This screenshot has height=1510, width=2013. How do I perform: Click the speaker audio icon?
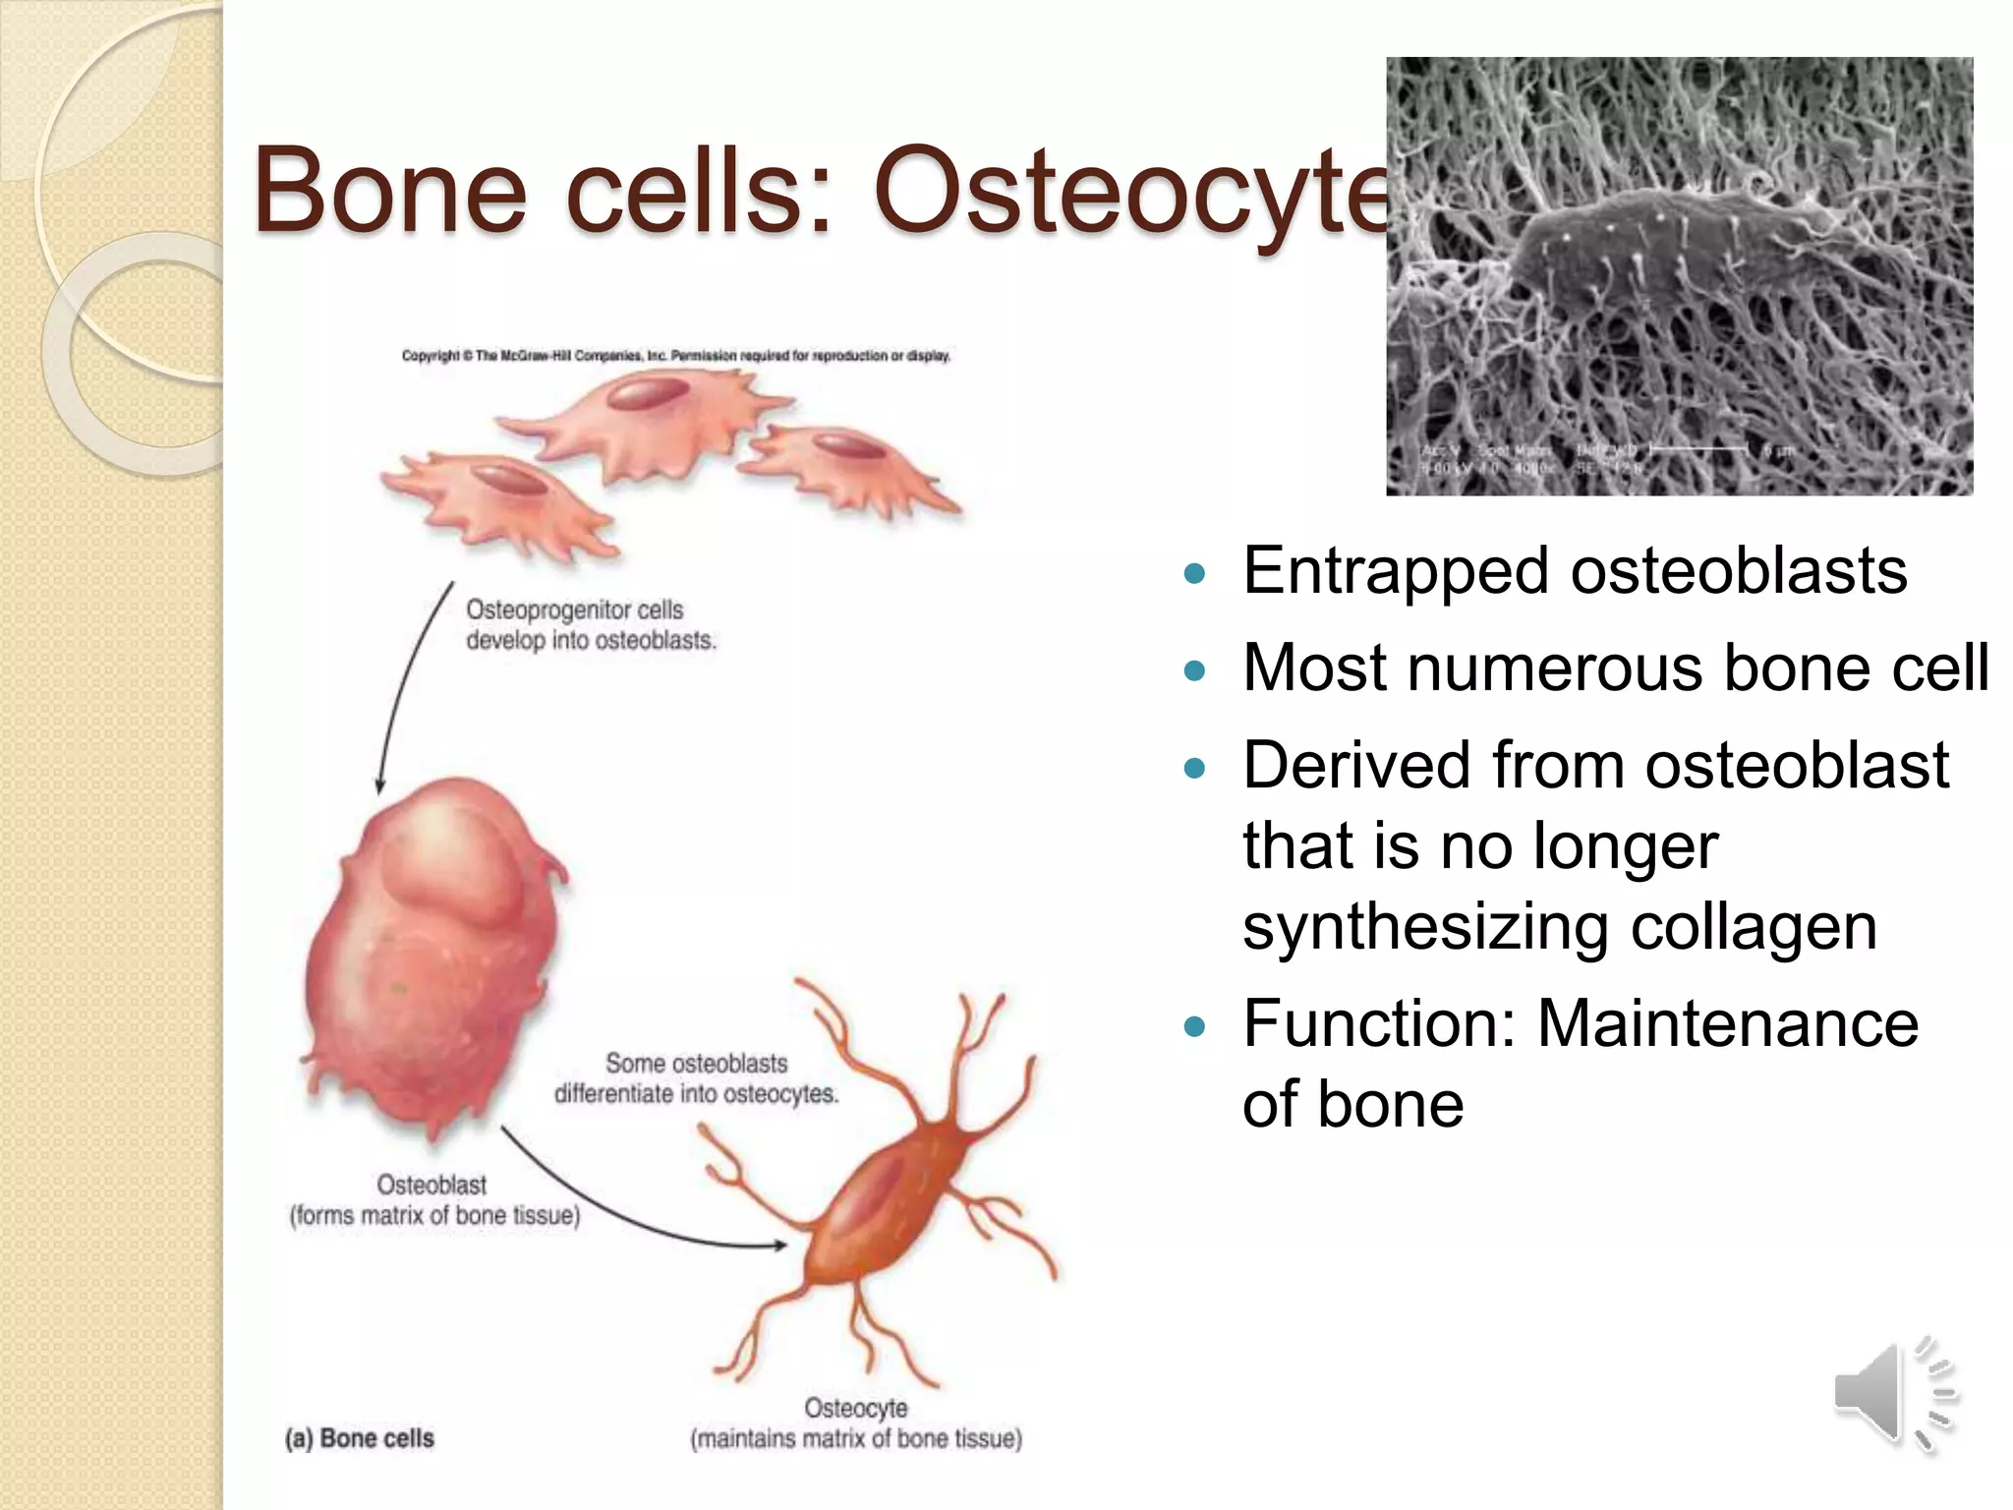(x=1892, y=1394)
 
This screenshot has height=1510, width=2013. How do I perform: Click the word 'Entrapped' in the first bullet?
(x=1395, y=571)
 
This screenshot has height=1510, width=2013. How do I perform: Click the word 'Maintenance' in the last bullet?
(x=1727, y=1023)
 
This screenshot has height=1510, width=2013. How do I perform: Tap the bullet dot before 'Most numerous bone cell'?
(x=1194, y=671)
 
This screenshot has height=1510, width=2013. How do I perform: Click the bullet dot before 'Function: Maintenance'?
(x=1194, y=1027)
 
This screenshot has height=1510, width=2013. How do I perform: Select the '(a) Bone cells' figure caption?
(x=360, y=1438)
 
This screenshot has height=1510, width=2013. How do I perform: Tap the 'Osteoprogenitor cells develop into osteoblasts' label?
(x=590, y=625)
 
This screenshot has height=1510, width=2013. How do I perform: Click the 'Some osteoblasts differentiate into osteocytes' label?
(x=696, y=1078)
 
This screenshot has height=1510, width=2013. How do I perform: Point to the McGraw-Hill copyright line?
(x=675, y=356)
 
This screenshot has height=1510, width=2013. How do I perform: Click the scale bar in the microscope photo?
(x=1698, y=450)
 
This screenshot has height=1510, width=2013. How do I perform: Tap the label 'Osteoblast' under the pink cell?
(x=431, y=1185)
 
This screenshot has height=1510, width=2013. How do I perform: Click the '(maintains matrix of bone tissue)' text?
(x=856, y=1439)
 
